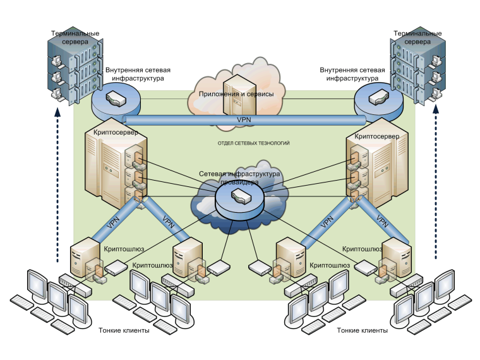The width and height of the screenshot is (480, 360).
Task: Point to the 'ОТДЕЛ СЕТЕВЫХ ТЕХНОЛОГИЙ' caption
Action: click(x=253, y=143)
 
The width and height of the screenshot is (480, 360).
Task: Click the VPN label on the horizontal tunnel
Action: click(x=244, y=119)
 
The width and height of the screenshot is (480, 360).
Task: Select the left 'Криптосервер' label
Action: click(x=116, y=133)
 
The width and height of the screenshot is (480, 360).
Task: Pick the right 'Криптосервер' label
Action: click(x=377, y=135)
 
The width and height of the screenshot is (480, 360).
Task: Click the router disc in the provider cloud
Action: click(x=240, y=201)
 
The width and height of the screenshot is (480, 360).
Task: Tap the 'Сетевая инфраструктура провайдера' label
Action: click(x=239, y=177)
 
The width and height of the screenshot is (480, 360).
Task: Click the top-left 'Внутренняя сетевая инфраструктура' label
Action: click(x=138, y=75)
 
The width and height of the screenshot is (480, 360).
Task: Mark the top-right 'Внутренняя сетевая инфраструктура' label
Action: click(x=351, y=75)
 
